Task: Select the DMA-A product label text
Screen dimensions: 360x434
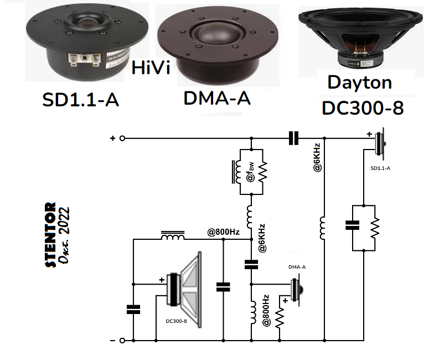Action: pyautogui.click(x=217, y=99)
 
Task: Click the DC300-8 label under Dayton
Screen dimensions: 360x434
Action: pyautogui.click(x=362, y=107)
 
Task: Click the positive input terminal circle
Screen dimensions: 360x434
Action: pyautogui.click(x=123, y=138)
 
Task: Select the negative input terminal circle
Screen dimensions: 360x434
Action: pyautogui.click(x=123, y=340)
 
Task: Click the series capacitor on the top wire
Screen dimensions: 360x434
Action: pyautogui.click(x=293, y=138)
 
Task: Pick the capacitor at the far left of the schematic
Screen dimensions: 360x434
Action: pyautogui.click(x=133, y=310)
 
